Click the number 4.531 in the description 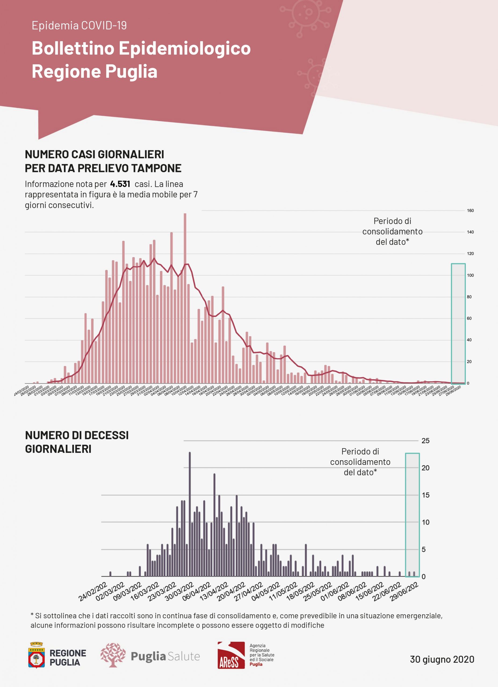click(120, 184)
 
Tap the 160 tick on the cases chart click(470, 210)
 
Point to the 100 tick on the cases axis click(470, 275)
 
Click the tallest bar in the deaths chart click(190, 515)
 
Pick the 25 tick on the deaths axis click(425, 441)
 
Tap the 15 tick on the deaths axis click(425, 495)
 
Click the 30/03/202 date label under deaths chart click(179, 591)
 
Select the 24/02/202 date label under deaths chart click(93, 591)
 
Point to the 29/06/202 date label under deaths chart click(404, 591)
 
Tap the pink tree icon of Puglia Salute click(113, 655)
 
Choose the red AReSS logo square click(231, 655)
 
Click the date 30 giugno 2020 click(442, 659)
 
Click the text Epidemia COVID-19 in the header click(79, 25)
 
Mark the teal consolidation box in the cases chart click(458, 324)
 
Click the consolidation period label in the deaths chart click(360, 462)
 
